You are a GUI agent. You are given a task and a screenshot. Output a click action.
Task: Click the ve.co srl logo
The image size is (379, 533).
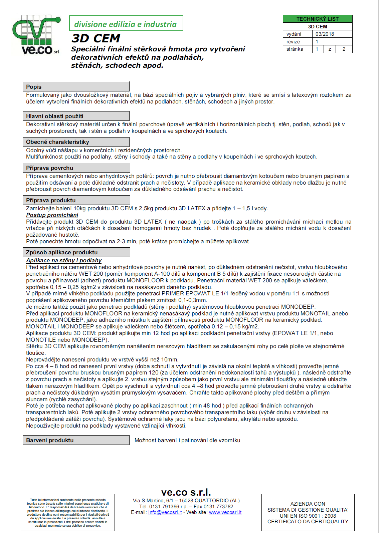tap(36, 35)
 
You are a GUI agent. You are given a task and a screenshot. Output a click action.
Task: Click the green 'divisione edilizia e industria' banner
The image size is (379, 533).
tap(126, 24)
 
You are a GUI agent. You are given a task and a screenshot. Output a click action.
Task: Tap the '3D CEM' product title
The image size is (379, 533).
tap(96, 38)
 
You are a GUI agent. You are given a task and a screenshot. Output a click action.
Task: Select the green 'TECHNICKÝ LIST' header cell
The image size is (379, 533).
tap(317, 19)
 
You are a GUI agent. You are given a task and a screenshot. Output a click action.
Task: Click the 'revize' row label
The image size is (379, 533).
tap(293, 42)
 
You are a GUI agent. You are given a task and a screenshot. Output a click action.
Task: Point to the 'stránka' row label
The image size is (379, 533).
tap(295, 49)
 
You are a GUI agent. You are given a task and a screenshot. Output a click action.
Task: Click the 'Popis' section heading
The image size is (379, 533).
tap(34, 87)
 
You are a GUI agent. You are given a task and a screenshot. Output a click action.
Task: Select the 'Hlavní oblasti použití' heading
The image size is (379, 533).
tap(55, 116)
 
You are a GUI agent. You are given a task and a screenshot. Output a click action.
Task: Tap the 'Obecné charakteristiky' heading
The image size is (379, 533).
tap(57, 142)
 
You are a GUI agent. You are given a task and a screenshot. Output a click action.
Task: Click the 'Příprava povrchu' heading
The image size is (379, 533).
tap(49, 168)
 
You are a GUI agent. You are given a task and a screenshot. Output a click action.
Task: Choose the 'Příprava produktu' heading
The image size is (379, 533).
tap(51, 200)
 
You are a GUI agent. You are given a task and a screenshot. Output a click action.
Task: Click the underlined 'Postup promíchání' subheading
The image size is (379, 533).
tap(52, 215)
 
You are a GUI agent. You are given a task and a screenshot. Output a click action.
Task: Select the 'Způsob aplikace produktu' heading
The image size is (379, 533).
tap(62, 252)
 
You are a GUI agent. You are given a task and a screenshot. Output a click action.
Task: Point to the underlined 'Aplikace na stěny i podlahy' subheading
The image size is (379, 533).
tap(64, 260)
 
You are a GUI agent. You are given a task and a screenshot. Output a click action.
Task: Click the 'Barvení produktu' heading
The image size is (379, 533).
tap(50, 440)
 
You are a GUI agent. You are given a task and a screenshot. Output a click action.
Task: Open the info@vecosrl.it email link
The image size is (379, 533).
tap(165, 512)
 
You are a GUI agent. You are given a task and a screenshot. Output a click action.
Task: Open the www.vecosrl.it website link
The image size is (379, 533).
tap(225, 512)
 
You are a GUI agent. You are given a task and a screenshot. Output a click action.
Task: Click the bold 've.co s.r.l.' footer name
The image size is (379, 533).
tap(186, 492)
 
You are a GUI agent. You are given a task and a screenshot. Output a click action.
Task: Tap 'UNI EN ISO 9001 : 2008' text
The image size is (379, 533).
tap(308, 516)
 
